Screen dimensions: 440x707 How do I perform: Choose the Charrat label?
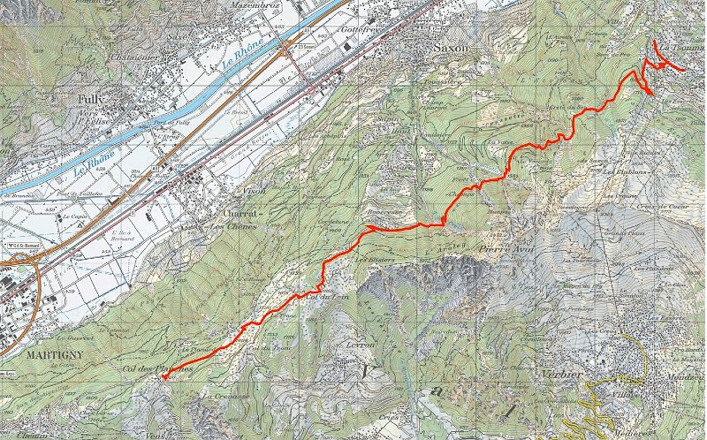click(x=241, y=213)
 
